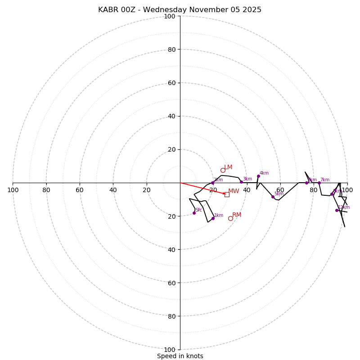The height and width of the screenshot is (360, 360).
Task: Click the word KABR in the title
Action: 108,10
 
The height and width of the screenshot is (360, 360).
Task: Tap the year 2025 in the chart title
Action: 252,10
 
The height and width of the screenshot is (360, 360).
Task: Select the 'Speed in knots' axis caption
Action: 180,356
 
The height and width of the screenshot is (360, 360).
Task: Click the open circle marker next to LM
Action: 223,170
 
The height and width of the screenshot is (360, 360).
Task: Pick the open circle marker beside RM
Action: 230,218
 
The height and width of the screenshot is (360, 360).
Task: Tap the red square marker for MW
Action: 227,194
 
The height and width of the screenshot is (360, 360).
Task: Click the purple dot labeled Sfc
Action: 194,213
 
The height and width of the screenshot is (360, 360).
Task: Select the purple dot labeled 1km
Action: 213,218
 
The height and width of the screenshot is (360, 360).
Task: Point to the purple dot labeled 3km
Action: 241,182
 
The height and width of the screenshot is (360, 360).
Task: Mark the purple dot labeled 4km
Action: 258,176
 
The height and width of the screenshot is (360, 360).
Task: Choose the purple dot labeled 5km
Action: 273,197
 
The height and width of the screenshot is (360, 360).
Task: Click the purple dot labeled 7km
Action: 319,183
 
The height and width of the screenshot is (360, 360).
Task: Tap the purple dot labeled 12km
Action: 337,210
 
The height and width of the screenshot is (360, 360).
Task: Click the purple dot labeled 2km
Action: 212,183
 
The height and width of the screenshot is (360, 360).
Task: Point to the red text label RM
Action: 237,215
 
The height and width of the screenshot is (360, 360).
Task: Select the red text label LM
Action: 228,167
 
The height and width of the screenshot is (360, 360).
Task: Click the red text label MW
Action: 234,191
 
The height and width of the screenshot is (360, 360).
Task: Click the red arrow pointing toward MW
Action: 202,188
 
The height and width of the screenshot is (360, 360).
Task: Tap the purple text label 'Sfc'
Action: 198,210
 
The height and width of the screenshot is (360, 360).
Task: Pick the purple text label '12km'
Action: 344,207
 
